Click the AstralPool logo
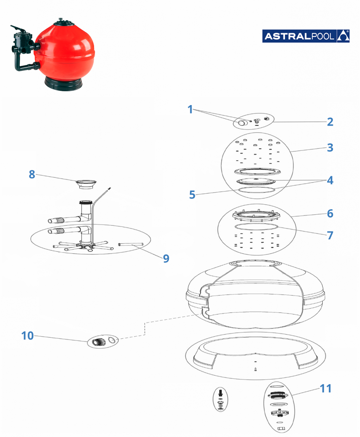pos(306,36)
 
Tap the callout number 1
pos(190,110)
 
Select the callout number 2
pos(330,122)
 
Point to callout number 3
pos(330,148)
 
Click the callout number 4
pos(330,180)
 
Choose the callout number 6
pos(330,214)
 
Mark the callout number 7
pos(330,235)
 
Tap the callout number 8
pos(32,174)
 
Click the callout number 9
pos(166,258)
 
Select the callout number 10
pos(27,336)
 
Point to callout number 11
pos(325,389)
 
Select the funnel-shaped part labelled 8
pos(85,184)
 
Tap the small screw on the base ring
pos(255,369)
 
